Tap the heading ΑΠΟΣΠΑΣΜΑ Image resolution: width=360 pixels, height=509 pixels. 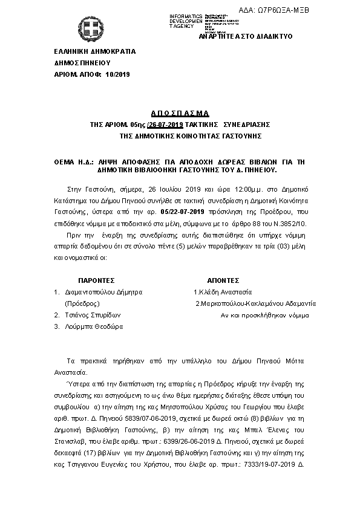pyautogui.click(x=180, y=113)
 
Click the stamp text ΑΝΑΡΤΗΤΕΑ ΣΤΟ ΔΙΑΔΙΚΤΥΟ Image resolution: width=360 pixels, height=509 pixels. pyautogui.click(x=246, y=37)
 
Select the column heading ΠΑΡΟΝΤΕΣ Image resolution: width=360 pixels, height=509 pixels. pyautogui.click(x=97, y=281)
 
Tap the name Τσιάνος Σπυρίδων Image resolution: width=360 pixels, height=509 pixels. pyautogui.click(x=93, y=315)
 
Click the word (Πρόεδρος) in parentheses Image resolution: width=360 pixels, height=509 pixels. pyautogui.click(x=82, y=303)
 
